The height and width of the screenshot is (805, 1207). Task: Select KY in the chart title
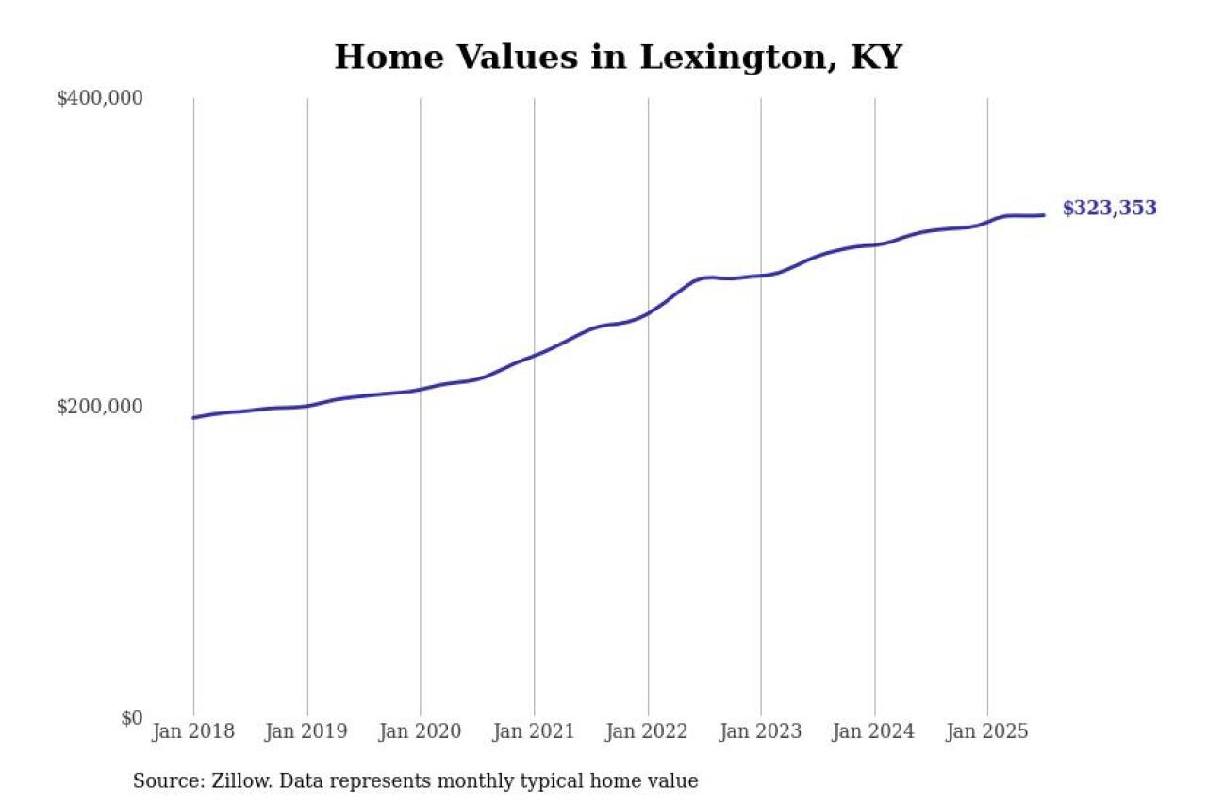point(876,58)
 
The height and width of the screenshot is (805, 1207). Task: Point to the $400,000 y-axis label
point(99,98)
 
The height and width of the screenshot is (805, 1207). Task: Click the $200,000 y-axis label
point(99,407)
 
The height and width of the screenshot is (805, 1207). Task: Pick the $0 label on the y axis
point(131,718)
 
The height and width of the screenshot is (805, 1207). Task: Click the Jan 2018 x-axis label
point(193,731)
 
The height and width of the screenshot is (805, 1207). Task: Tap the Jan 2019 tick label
point(307,731)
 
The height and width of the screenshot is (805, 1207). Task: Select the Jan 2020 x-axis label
point(421,731)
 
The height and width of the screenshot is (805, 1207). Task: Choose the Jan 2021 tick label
point(534,731)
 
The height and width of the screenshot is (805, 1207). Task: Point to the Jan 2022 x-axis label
point(648,731)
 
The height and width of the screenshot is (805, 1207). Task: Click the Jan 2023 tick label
point(761,731)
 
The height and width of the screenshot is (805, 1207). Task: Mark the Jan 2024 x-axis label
point(874,731)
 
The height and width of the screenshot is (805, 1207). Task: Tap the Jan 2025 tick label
point(987,731)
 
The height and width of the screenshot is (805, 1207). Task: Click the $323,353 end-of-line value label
point(1109,209)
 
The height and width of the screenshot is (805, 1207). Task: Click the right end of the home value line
point(1043,215)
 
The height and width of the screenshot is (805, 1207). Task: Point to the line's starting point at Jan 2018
point(194,417)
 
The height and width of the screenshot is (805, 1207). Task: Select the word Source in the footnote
point(163,781)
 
